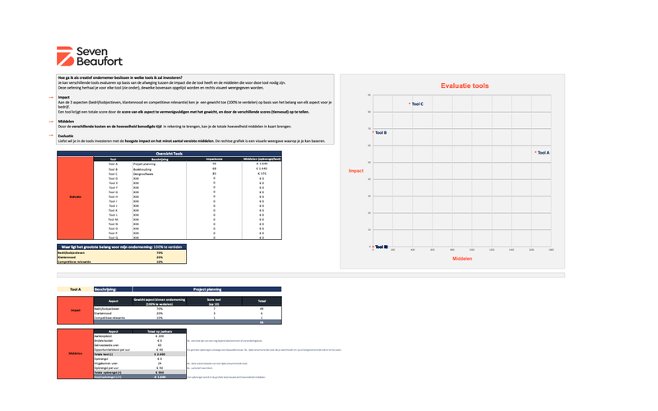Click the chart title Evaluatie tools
tap(464, 85)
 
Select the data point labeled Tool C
tap(410, 104)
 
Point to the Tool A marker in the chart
tap(535, 152)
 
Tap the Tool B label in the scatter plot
tap(380, 132)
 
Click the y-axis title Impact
tap(355, 171)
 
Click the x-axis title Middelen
tap(462, 259)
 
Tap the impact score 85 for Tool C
tap(214, 173)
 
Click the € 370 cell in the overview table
tap(262, 173)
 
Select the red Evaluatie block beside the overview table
tap(74, 197)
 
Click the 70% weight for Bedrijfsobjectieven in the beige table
tap(160, 252)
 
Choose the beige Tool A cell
tap(75, 289)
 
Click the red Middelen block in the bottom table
tap(74, 354)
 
